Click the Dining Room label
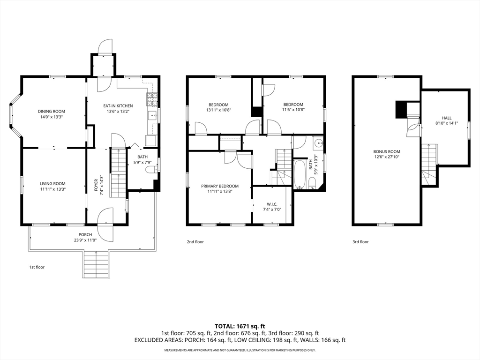point(52,112)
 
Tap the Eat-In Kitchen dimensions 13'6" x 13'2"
point(118,112)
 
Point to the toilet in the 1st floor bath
point(151,169)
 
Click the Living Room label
point(52,184)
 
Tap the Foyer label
point(96,185)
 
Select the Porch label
point(85,234)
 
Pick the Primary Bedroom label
point(220,186)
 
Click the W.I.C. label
point(272,204)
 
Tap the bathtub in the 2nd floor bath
point(300,174)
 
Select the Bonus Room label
point(387,151)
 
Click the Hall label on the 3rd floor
point(447,118)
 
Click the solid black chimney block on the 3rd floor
point(401,110)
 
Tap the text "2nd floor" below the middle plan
point(195,242)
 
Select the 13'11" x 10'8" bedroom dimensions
point(218,110)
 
